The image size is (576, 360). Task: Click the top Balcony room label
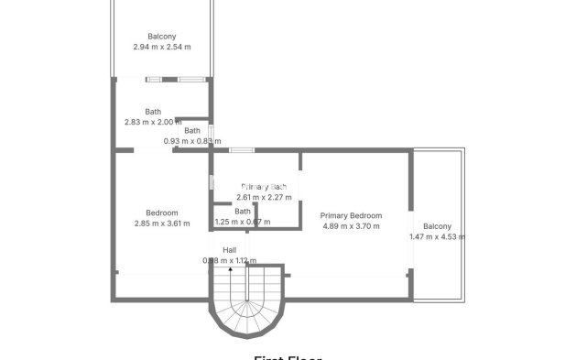coord(162,37)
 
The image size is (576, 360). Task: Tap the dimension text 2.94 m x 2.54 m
coord(162,47)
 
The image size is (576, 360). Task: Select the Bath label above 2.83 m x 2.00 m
coord(152,112)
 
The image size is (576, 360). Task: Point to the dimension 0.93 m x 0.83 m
coord(192,141)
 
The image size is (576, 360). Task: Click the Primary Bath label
coord(264,186)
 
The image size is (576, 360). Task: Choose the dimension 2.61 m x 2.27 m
coord(264,197)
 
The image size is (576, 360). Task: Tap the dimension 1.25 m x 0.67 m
coord(242,222)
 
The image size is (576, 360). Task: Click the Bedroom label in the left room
coord(162,213)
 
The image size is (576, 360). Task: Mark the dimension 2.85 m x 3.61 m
coord(162,224)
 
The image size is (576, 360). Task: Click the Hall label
coord(229,249)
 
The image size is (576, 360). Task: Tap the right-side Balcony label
coord(437,226)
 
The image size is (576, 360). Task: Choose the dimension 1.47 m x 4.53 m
coord(437,237)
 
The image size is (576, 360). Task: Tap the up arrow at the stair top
coord(230,272)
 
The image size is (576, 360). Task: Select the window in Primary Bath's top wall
coord(242,149)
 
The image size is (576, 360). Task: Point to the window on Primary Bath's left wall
coord(212,181)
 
